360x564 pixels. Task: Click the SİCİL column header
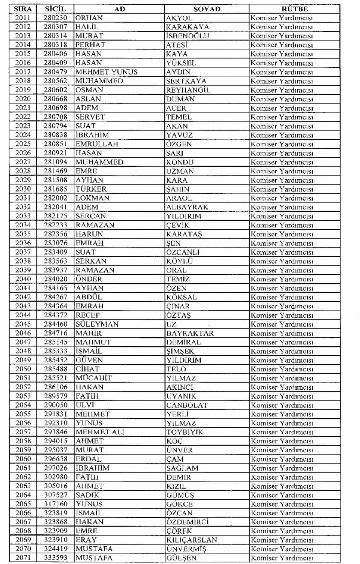(55, 9)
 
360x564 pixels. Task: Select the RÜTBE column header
(294, 9)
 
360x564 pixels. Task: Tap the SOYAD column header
(207, 9)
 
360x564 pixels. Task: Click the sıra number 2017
(23, 72)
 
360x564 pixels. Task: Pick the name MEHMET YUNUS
(106, 72)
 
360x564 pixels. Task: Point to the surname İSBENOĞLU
(187, 36)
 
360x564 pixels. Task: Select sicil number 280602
(55, 90)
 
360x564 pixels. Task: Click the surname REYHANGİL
(188, 90)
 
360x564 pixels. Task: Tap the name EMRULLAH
(97, 144)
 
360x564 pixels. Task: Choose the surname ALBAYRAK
(187, 207)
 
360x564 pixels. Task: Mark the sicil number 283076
(55, 243)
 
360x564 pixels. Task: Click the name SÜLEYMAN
(97, 324)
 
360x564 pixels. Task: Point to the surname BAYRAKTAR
(190, 333)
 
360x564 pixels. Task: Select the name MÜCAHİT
(94, 378)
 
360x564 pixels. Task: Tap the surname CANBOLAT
(187, 405)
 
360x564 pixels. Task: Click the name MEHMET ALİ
(100, 432)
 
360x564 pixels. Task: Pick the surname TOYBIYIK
(185, 432)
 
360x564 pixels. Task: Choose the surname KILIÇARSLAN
(192, 540)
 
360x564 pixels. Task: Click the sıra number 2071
(23, 558)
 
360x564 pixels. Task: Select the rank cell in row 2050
(282, 369)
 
